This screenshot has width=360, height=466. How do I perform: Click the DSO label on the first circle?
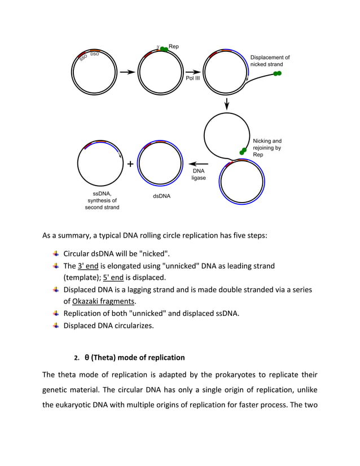coord(95,54)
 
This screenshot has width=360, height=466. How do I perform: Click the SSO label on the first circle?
coord(84,58)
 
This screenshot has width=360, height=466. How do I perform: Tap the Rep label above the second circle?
coord(174,46)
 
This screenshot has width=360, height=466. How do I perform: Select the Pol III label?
coord(193,78)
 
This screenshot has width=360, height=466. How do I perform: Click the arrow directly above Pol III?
coord(193,72)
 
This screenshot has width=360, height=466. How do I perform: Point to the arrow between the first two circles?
coord(127,72)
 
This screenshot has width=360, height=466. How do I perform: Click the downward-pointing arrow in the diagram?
coord(227,103)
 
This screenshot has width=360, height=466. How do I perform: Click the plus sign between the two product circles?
coord(130,164)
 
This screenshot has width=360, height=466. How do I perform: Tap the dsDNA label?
coord(161,196)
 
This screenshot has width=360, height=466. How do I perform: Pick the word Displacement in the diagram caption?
coord(270,58)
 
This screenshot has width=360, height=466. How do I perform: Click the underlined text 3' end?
coord(89,266)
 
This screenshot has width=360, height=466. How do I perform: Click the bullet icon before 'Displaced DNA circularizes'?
coord(55,325)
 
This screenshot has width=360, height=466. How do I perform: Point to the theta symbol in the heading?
coord(87,358)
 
